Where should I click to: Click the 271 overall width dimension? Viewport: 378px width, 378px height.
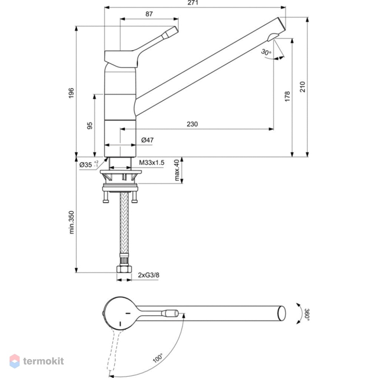click(x=193, y=3)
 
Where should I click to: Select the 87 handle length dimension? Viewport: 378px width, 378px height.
click(x=149, y=14)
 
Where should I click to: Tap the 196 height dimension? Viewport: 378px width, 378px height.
click(x=71, y=93)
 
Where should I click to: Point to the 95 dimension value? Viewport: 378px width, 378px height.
click(x=90, y=125)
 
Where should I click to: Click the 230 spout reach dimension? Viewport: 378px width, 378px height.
click(x=192, y=124)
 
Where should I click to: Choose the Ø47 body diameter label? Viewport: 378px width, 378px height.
click(x=147, y=140)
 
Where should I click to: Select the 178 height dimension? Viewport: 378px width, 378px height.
click(x=287, y=96)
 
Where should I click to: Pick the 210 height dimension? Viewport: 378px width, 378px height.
click(x=302, y=87)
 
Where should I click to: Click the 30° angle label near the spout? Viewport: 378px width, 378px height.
click(x=266, y=52)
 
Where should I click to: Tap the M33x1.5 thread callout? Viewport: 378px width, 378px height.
click(x=152, y=163)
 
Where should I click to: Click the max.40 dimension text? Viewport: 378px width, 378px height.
click(x=177, y=170)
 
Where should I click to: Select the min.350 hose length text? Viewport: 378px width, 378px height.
click(x=71, y=222)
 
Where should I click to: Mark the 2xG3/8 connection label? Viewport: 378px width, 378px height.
click(x=149, y=275)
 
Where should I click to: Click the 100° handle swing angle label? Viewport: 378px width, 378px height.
click(x=158, y=358)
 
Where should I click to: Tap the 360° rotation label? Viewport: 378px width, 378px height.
click(x=307, y=314)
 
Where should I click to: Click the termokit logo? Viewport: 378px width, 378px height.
click(x=37, y=361)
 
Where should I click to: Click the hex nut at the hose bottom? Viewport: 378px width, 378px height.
click(x=124, y=269)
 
